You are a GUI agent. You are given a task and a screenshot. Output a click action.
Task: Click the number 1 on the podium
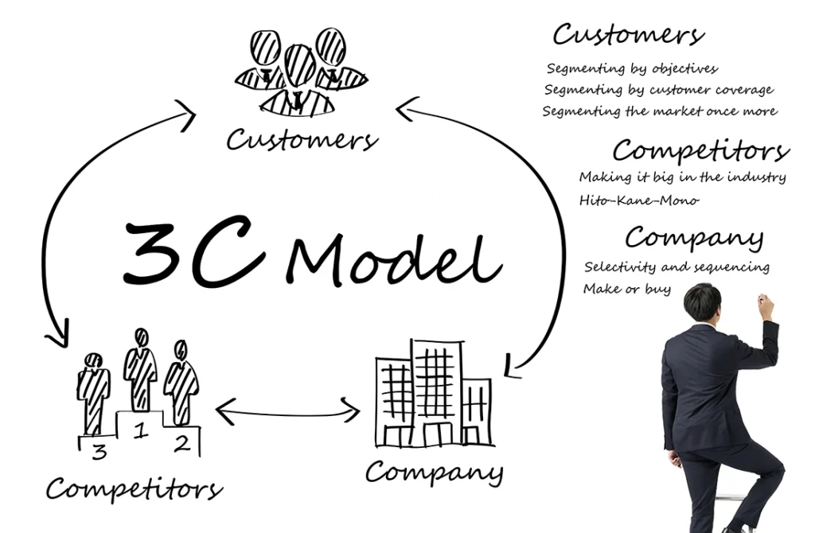[139, 430]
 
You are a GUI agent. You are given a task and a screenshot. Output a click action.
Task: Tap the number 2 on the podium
[182, 443]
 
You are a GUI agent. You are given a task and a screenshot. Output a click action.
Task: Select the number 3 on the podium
[99, 451]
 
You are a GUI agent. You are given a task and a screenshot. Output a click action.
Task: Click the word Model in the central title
[393, 260]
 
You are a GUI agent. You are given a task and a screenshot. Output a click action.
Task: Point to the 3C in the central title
[193, 251]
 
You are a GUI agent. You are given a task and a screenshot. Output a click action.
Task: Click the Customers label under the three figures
[302, 139]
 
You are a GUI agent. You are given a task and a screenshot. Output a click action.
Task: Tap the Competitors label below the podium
[134, 489]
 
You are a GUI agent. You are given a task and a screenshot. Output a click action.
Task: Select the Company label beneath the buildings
[435, 473]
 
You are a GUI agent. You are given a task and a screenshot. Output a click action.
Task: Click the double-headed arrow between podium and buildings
[287, 414]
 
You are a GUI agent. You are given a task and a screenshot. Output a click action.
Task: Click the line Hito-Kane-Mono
[639, 200]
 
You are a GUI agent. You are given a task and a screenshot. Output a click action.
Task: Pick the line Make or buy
[627, 289]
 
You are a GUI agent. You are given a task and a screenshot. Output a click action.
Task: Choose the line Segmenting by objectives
[632, 68]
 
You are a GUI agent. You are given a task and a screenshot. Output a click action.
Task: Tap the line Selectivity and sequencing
[677, 267]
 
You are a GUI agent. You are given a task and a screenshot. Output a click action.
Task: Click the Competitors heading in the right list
[700, 150]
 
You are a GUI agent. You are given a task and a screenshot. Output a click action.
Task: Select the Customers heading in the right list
[629, 34]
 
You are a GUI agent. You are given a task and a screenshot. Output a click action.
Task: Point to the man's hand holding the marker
[766, 306]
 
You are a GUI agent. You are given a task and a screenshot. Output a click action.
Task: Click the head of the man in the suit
[702, 304]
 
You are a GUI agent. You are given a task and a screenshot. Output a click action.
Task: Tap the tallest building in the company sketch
[437, 393]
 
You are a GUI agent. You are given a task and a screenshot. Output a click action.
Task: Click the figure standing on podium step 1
[140, 370]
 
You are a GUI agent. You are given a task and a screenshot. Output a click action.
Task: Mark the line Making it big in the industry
[682, 177]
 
